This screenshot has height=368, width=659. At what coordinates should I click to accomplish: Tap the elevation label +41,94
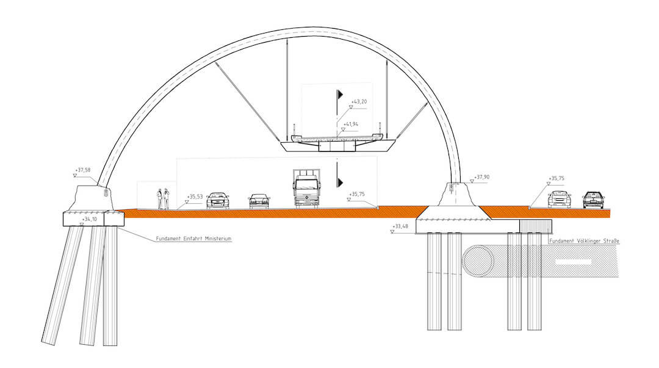pyautogui.click(x=350, y=124)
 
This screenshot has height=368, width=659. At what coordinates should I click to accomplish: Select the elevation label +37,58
pyautogui.click(x=82, y=170)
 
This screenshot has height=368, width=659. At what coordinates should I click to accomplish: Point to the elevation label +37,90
pyautogui.click(x=482, y=178)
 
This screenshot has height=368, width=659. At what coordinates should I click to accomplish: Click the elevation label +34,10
pyautogui.click(x=90, y=218)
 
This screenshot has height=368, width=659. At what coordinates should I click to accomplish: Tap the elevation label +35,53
pyautogui.click(x=195, y=197)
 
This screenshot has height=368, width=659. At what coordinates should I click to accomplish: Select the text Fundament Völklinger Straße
pyautogui.click(x=584, y=242)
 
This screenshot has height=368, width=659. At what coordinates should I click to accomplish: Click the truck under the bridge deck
pyautogui.click(x=306, y=189)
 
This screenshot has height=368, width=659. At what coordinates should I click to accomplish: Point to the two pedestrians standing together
pyautogui.click(x=163, y=199)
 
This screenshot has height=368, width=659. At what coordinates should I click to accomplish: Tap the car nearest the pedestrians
pyautogui.click(x=218, y=200)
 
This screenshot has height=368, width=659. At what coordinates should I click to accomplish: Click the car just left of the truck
pyautogui.click(x=259, y=201)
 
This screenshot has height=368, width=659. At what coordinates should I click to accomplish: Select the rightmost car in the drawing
pyautogui.click(x=593, y=200)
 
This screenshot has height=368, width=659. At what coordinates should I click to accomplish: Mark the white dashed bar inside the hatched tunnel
pyautogui.click(x=573, y=262)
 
